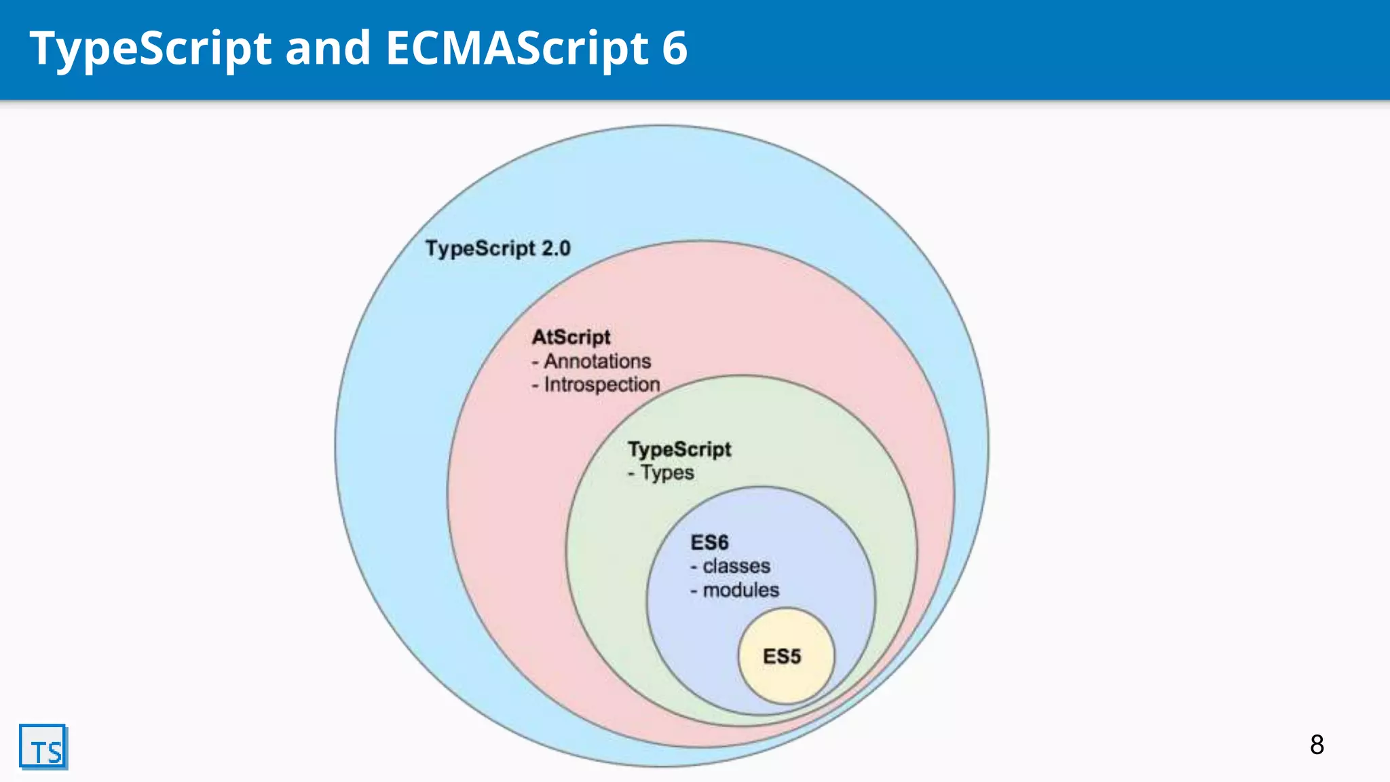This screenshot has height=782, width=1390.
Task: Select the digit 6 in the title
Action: [675, 49]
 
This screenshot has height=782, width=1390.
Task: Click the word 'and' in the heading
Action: [328, 49]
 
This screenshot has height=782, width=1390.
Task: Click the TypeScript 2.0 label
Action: [497, 248]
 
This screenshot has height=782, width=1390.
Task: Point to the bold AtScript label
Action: [571, 337]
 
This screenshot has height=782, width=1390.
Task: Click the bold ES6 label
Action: [709, 542]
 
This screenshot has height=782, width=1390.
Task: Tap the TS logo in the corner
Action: [43, 747]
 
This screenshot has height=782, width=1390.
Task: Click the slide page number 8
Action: [1317, 745]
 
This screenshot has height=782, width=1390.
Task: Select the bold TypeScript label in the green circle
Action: [679, 449]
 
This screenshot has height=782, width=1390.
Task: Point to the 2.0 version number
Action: [556, 248]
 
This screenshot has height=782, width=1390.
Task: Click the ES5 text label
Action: [782, 656]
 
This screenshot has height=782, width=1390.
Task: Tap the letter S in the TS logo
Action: [54, 753]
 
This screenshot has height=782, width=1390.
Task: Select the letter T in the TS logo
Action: [37, 753]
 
